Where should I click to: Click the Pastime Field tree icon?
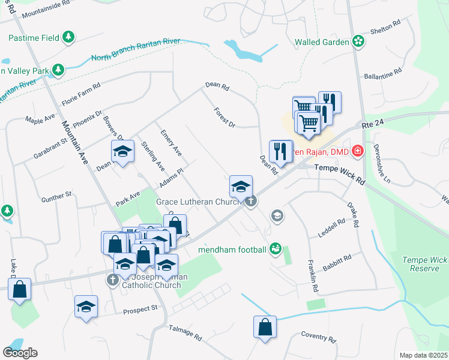click(69, 37)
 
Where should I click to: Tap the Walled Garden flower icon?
click(358, 41)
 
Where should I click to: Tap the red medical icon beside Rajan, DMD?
click(358, 150)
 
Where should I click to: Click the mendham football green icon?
click(276, 247)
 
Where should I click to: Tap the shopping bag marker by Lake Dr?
click(20, 289)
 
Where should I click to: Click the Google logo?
click(20, 353)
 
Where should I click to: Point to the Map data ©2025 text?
click(423, 355)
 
